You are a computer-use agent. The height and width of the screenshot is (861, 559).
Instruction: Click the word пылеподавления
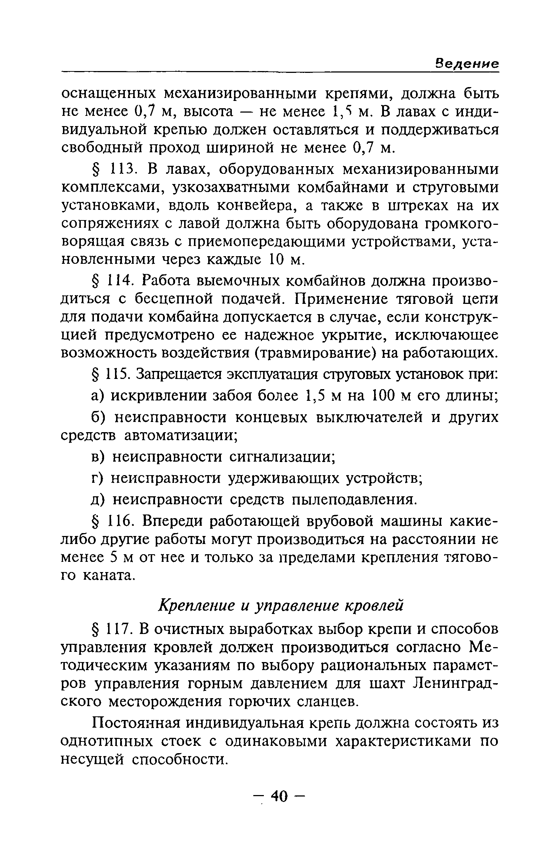353,500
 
